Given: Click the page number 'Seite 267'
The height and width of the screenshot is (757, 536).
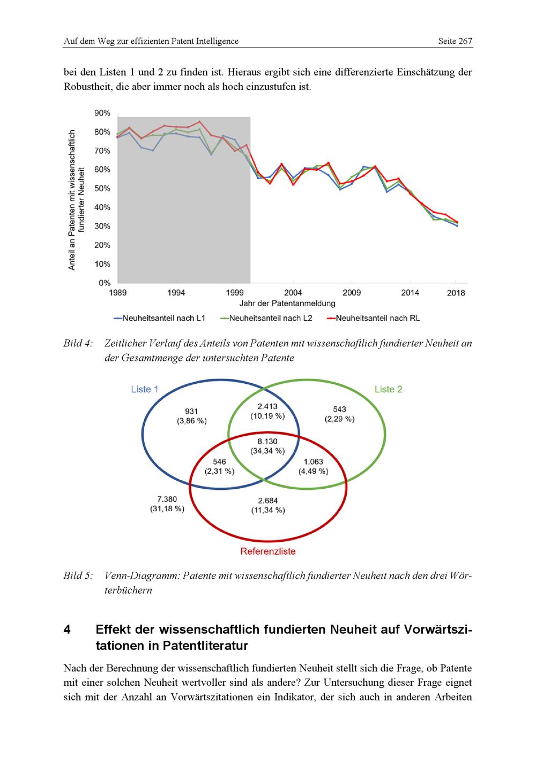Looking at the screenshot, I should coord(455,41).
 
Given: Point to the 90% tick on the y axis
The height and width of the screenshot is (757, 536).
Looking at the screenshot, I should coord(102,113).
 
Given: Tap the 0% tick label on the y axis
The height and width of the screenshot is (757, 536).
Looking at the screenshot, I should coord(105,283).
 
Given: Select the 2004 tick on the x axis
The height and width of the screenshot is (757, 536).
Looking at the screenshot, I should coord(293,292).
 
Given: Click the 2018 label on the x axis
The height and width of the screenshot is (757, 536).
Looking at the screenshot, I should coord(457,292).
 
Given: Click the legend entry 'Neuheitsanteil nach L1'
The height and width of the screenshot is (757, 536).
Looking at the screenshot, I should coord(160,318).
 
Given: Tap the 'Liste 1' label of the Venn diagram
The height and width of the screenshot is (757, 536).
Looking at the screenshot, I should coord(144,389).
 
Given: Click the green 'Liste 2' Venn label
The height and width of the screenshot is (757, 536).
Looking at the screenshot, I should coord(388,389).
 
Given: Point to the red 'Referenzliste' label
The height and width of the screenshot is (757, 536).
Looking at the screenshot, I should coord(267,551).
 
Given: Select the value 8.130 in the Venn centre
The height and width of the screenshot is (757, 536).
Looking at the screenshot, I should coord(268,441).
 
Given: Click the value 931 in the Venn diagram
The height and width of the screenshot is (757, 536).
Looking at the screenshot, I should coord(191,411).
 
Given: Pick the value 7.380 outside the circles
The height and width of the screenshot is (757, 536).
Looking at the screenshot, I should coord(167,499).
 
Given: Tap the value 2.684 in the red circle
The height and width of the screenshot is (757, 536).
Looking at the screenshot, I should coord(268,501).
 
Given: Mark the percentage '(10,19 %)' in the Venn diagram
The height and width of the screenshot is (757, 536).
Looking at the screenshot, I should coord(267,416).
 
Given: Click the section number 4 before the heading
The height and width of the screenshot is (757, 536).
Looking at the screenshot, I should coord(67,630).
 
